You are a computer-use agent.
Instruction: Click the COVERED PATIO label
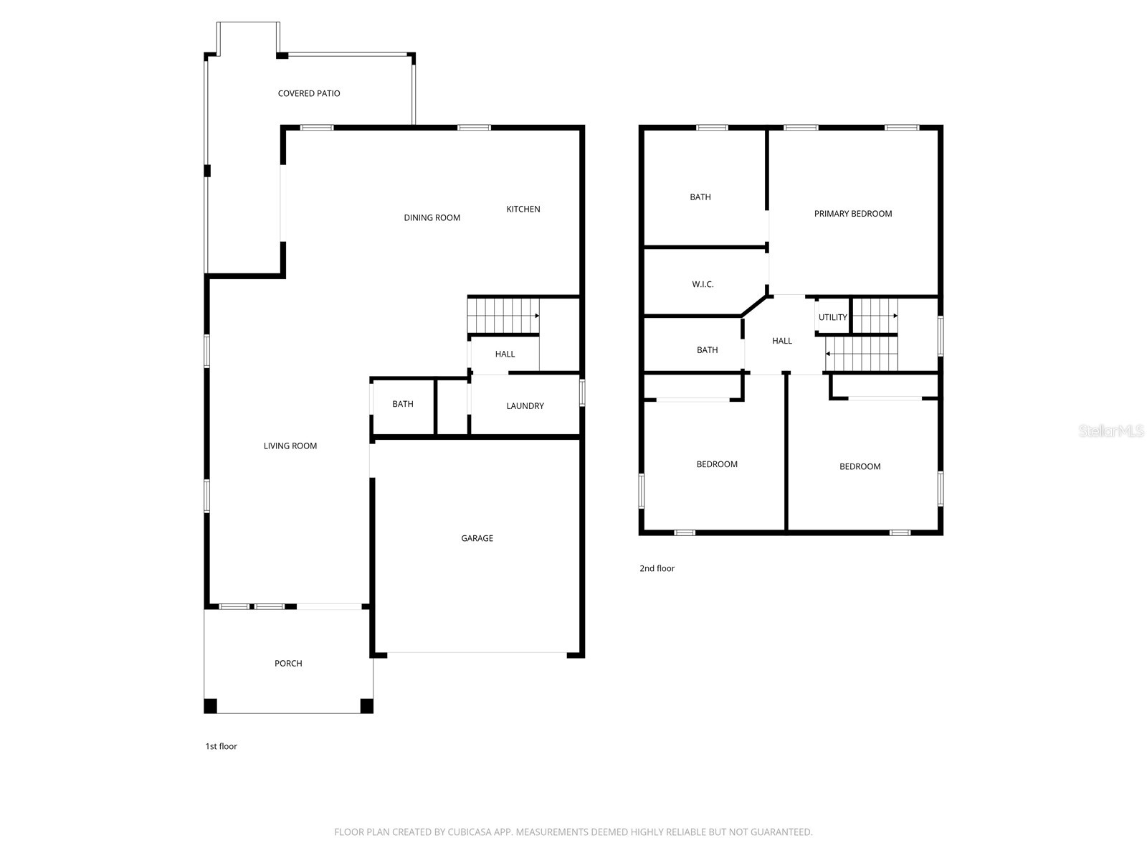pos(309,93)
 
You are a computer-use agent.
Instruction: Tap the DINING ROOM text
pos(432,217)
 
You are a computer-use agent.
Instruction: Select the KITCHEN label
pos(523,209)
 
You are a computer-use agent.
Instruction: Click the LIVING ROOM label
pos(290,446)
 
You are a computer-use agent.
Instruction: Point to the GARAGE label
pos(477,538)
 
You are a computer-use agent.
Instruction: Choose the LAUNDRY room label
pos(525,406)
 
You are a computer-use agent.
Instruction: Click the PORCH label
pos(288,664)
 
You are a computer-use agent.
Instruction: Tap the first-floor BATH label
pos(403,404)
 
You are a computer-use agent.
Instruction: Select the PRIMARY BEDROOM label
pos(853,214)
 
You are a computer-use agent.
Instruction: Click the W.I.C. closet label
pos(703,285)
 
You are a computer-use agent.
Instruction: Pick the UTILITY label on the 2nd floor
pos(832,317)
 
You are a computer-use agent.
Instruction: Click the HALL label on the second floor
pos(782,341)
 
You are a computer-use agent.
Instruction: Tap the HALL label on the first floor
pos(505,354)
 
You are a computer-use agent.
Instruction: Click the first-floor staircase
pos(502,316)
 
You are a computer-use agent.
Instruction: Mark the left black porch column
pos(211,705)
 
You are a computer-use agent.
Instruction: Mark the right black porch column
pos(366,705)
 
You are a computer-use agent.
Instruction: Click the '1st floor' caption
pos(221,746)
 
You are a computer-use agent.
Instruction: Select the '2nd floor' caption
pos(657,568)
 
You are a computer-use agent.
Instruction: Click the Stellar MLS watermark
pos(1111,431)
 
